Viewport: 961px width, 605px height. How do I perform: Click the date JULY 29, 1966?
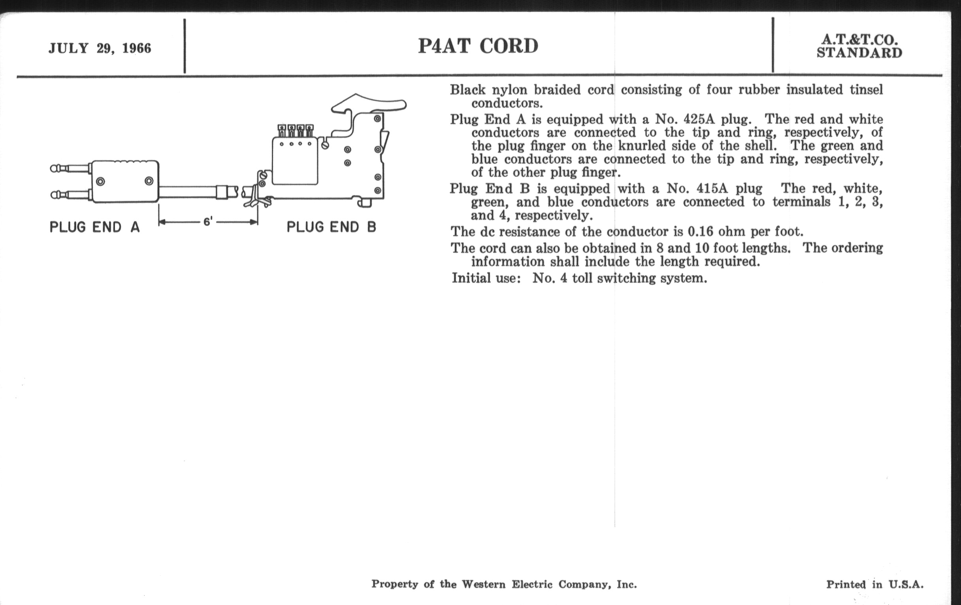(100, 48)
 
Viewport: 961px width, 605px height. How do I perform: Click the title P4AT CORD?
(478, 46)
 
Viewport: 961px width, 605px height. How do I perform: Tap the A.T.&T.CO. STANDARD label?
(859, 46)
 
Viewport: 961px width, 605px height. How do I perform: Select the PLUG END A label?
(94, 227)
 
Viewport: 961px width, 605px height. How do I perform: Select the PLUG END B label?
(331, 227)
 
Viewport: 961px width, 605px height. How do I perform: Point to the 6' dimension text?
(208, 221)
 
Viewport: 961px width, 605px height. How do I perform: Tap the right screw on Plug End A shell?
(149, 181)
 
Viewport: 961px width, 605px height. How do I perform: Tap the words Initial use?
(486, 278)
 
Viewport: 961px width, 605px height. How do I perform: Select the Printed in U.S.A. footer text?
(875, 584)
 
